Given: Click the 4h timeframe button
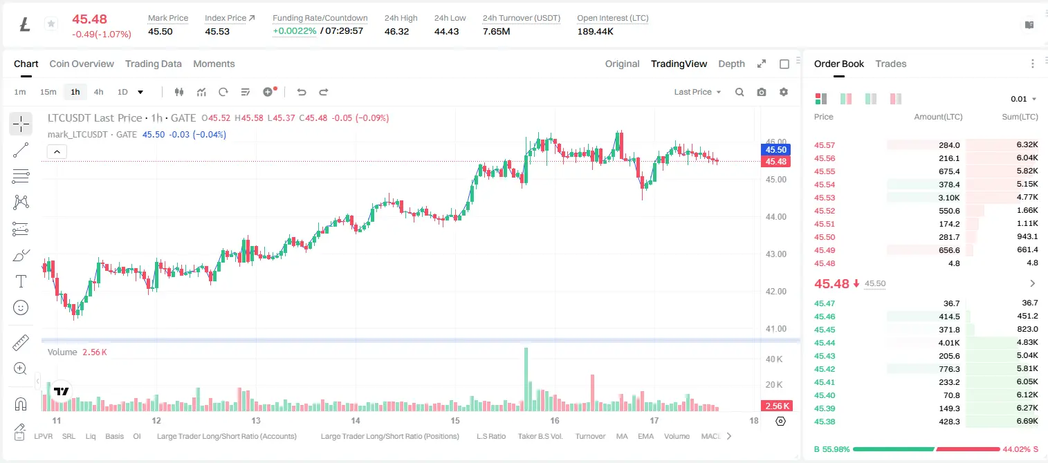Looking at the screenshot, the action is [x=98, y=92].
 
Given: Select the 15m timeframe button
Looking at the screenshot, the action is [x=48, y=92].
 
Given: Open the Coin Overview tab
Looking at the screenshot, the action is [x=82, y=64].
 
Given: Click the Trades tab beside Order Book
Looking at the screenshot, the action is [x=891, y=64].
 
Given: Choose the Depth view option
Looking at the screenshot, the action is [x=731, y=64].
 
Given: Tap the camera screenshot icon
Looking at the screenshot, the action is [x=762, y=92].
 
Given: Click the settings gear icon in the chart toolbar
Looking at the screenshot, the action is [x=784, y=92].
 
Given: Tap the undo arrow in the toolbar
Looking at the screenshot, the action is [x=302, y=92].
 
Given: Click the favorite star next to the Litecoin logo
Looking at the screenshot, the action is [x=51, y=23].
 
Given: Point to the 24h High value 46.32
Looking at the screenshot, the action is [x=397, y=32].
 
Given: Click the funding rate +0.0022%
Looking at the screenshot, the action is [x=295, y=31].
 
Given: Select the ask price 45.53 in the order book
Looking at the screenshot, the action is [x=825, y=198].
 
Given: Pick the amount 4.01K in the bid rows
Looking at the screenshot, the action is [x=949, y=343].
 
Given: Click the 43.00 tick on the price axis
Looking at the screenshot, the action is [x=775, y=254].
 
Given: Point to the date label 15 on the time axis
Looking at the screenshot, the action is [x=455, y=420].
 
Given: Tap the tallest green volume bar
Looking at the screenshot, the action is [x=526, y=379].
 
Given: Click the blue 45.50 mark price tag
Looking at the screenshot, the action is [x=775, y=149].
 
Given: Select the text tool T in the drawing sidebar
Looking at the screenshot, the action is [x=21, y=282].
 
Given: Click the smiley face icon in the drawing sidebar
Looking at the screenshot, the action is [x=21, y=308].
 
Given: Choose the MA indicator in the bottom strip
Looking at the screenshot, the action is [x=622, y=436].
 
